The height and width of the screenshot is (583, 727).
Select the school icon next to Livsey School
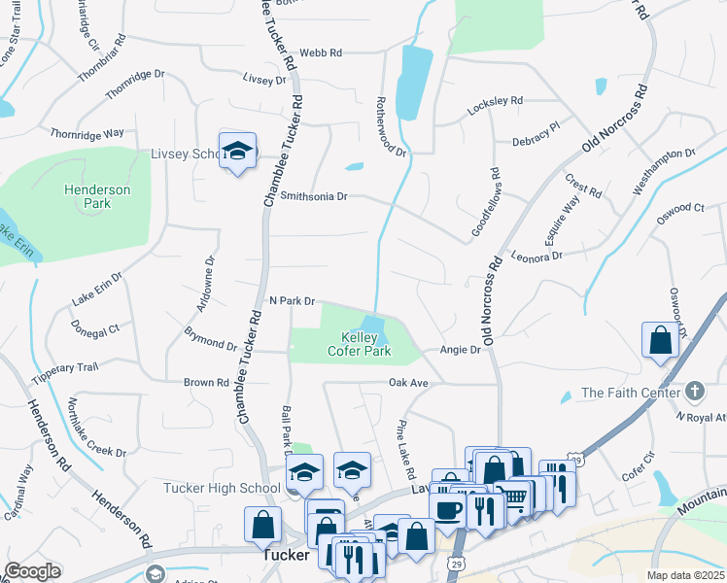pyautogui.click(x=237, y=151)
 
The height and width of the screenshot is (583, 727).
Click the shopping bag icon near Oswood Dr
pyautogui.click(x=660, y=340)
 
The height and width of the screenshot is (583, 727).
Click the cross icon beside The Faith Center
pyautogui.click(x=694, y=392)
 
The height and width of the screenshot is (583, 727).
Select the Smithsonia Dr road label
pyautogui.click(x=313, y=195)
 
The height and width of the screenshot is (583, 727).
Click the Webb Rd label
pyautogui.click(x=321, y=53)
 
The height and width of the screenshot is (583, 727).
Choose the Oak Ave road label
pyautogui.click(x=408, y=384)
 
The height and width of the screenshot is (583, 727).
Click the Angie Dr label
pyautogui.click(x=461, y=350)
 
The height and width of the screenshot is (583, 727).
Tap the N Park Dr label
pyautogui.click(x=292, y=301)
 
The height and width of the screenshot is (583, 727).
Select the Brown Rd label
pyautogui.click(x=206, y=383)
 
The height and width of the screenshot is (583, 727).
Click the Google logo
pyautogui.click(x=32, y=571)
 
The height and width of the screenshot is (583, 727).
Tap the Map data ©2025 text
pyautogui.click(x=685, y=575)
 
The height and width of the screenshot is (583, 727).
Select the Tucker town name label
pyautogui.click(x=287, y=556)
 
